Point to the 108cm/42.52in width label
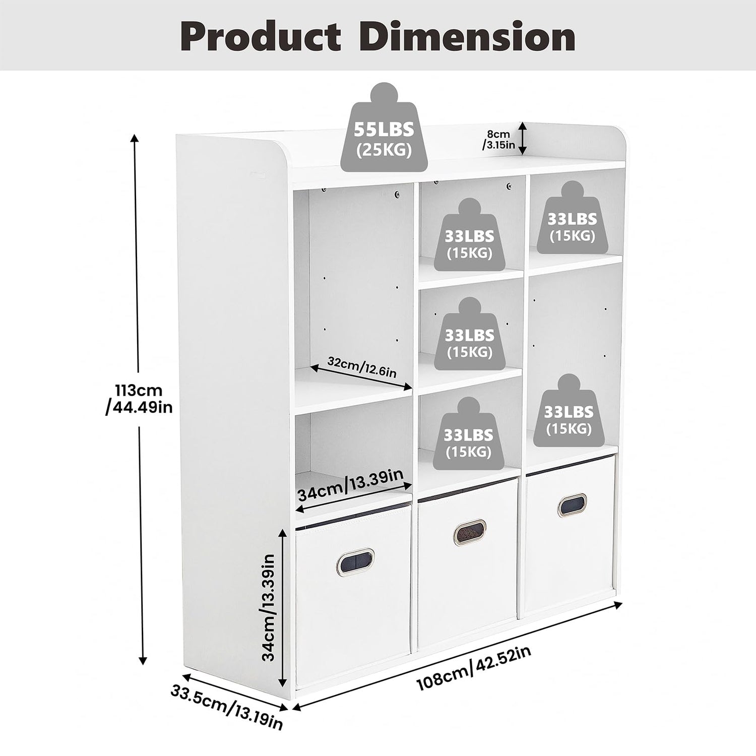pos(474,668)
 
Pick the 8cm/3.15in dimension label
pos(498,140)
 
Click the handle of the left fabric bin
pos(356,559)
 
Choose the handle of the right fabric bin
pos(573,505)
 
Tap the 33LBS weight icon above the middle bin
pos(469,434)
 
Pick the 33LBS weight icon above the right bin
pos(569,411)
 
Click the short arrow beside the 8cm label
pos(524,138)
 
